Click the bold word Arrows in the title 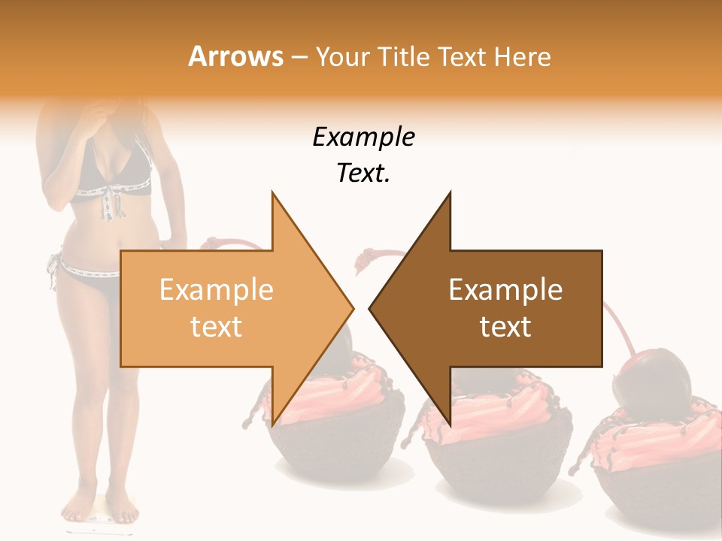click(235, 56)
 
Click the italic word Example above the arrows click(363, 138)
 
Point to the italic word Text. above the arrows click(363, 174)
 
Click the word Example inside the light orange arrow click(217, 290)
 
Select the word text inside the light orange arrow click(217, 327)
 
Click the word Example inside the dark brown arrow click(505, 290)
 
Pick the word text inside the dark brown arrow click(505, 327)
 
